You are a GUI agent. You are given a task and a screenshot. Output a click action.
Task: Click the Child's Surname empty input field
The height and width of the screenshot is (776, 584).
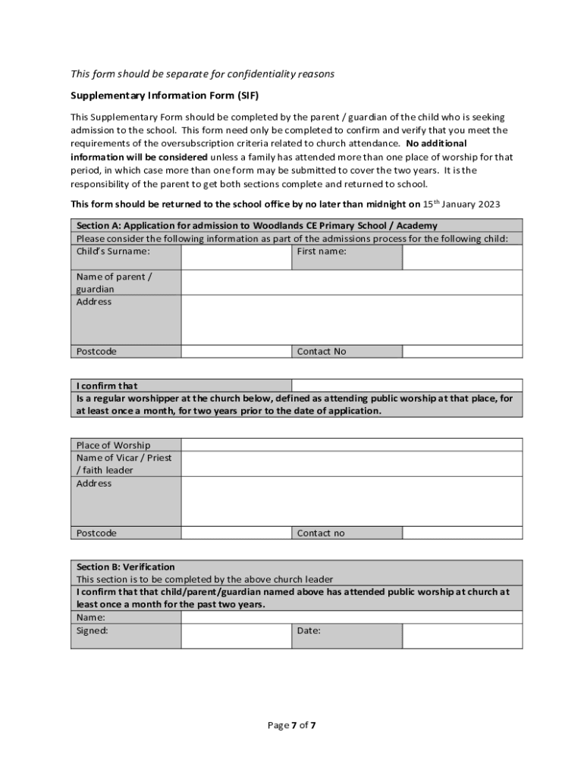pos(236,257)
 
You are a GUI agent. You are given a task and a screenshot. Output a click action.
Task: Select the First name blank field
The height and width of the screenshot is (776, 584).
pos(462,257)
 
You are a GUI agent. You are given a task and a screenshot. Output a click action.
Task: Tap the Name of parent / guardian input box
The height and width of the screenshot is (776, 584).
pos(351,282)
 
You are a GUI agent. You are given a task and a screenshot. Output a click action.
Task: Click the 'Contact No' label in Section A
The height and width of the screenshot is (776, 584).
pos(322,352)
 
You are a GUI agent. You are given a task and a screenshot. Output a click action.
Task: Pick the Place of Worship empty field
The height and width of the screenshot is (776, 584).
pos(351,445)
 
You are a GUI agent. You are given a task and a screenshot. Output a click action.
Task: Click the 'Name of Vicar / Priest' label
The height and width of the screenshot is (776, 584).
pos(124,458)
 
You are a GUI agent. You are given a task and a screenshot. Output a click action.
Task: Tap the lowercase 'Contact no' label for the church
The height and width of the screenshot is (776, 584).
pos(321,533)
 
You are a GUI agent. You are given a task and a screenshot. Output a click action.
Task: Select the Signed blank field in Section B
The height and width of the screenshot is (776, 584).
pos(236,636)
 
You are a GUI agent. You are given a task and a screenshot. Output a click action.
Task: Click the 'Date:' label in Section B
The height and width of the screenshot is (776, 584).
pos(309,630)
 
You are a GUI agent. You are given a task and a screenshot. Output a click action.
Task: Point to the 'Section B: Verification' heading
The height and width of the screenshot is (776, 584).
pos(126,567)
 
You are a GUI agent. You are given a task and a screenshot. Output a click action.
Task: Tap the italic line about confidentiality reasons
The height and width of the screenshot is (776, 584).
pos(203,74)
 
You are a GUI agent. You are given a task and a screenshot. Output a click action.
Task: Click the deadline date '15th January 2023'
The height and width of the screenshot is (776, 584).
pos(461,204)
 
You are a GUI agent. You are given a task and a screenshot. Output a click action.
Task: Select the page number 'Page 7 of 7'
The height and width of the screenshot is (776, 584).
pos(292,725)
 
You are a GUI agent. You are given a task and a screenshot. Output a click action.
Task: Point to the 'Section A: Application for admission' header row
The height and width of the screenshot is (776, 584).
pos(257,226)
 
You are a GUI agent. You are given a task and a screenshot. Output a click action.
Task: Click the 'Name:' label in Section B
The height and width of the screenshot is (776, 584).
pos(91,618)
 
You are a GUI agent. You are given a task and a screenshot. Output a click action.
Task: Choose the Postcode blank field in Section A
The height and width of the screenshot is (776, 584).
pos(236,352)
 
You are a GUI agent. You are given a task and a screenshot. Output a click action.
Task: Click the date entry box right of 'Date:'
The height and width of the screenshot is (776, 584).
pos(462,636)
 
